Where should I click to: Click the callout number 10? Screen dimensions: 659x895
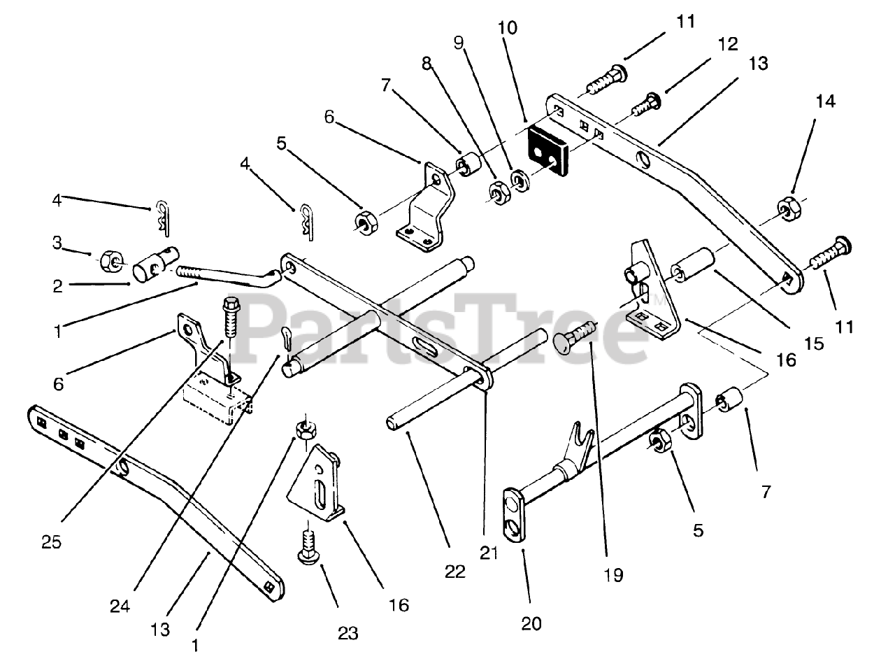point(508,29)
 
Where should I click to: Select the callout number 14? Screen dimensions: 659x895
point(825,101)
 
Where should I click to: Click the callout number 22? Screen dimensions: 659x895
point(454,572)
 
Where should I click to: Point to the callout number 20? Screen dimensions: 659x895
point(531,622)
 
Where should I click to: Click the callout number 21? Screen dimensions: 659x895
point(489,553)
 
